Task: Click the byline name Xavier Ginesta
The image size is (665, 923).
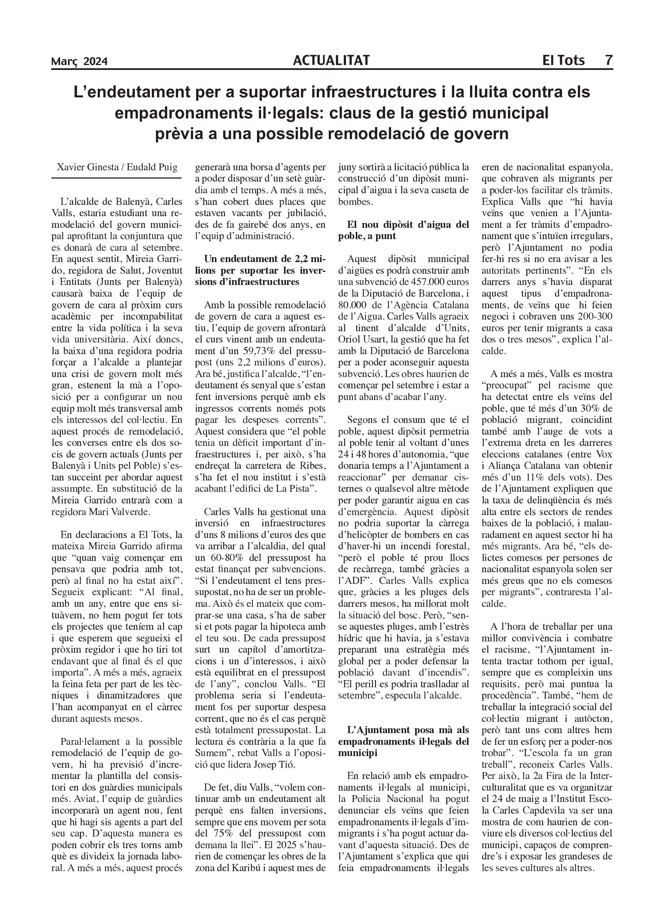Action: pyautogui.click(x=86, y=167)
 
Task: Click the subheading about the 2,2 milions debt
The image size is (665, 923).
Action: pyautogui.click(x=260, y=270)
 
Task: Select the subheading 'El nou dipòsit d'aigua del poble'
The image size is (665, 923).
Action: pyautogui.click(x=404, y=230)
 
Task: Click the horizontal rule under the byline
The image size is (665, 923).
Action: pyautogui.click(x=116, y=178)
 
